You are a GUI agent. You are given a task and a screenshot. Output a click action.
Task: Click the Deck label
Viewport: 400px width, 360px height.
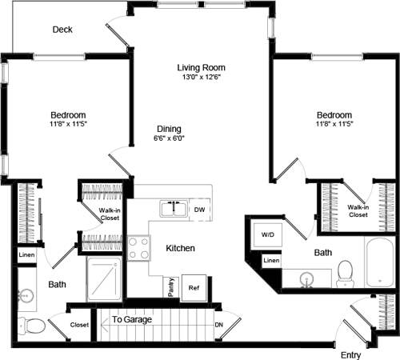[x=62, y=30]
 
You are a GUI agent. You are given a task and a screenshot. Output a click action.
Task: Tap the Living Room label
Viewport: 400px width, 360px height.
[x=201, y=67]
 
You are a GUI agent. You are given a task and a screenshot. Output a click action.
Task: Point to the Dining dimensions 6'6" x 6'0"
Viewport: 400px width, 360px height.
[x=169, y=139]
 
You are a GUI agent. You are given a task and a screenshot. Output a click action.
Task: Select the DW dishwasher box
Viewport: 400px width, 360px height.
[x=200, y=210]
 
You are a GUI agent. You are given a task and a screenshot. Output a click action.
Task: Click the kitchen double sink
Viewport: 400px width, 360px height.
[x=173, y=209]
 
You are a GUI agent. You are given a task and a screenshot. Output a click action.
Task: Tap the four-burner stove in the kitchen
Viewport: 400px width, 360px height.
[x=138, y=247]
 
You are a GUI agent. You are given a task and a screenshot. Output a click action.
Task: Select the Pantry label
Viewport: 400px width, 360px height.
[x=170, y=286]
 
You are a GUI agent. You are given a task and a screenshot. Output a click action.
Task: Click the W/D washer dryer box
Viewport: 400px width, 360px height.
[x=266, y=235]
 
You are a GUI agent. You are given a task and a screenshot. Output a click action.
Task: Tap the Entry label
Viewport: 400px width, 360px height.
[x=350, y=354]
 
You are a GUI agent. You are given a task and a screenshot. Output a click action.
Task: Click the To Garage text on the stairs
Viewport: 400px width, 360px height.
[x=128, y=319]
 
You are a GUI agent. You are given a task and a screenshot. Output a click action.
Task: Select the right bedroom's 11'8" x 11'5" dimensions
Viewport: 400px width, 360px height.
[x=334, y=125]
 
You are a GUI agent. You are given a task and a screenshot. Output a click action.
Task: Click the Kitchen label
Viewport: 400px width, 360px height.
[x=180, y=249]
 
